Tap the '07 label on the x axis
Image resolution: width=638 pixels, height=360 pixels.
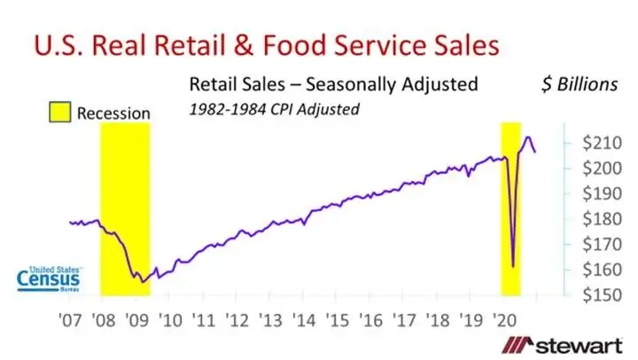coord(69,320)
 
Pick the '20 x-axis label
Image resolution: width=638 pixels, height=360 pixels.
coord(506,320)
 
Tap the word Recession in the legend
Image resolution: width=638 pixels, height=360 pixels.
coord(113,113)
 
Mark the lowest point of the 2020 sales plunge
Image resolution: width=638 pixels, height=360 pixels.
coord(514,265)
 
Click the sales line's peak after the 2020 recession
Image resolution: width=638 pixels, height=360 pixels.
coord(528,137)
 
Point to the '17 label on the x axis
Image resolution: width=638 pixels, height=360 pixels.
coord(405,320)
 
